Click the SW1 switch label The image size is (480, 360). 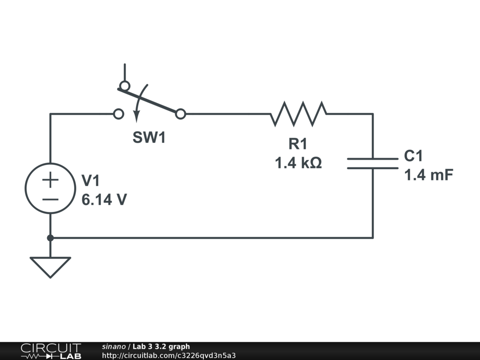point(149,138)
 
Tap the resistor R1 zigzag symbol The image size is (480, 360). point(299,113)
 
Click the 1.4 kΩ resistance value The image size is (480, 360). point(298,163)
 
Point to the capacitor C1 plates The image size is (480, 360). point(373,163)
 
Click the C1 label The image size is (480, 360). point(414,156)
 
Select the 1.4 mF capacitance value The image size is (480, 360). point(428,175)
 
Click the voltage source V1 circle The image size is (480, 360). point(50,188)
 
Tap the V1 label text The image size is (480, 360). point(90,180)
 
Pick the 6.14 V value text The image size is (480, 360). point(104,200)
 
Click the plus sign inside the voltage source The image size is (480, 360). point(50,179)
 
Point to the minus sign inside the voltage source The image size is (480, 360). point(50,199)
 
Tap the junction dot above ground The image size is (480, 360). point(50,238)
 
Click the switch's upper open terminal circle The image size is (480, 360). point(124,86)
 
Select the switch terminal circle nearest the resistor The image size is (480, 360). point(180,113)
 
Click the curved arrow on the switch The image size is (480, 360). point(140,101)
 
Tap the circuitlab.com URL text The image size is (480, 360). point(168,355)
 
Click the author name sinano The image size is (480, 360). point(113,346)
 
